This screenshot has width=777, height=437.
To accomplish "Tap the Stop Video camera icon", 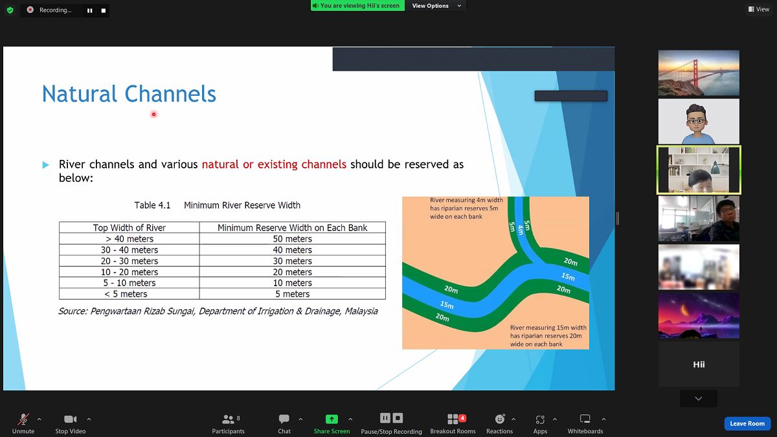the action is [x=70, y=420].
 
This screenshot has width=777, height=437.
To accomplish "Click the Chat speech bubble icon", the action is [x=284, y=419].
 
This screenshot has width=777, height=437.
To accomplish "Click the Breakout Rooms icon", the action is [x=453, y=419].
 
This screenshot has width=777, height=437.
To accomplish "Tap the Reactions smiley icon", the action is [x=499, y=419].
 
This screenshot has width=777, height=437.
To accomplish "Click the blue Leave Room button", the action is [x=747, y=423].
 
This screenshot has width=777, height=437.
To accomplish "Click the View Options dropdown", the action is [x=436, y=6].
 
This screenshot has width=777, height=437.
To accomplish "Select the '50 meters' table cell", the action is [x=293, y=239].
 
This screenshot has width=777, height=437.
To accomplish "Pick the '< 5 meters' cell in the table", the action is [x=129, y=294].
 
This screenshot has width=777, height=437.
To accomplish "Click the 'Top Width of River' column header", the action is [x=129, y=227].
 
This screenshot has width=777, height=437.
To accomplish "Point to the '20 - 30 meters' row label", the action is [x=129, y=261].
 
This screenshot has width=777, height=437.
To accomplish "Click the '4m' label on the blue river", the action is [x=520, y=229].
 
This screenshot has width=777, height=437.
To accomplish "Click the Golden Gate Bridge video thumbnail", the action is [x=699, y=73].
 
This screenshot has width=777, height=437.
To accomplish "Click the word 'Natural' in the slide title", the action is [x=80, y=94].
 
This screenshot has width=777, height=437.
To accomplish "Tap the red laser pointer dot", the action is [x=153, y=114].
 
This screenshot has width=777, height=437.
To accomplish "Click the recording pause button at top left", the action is [x=90, y=10].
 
